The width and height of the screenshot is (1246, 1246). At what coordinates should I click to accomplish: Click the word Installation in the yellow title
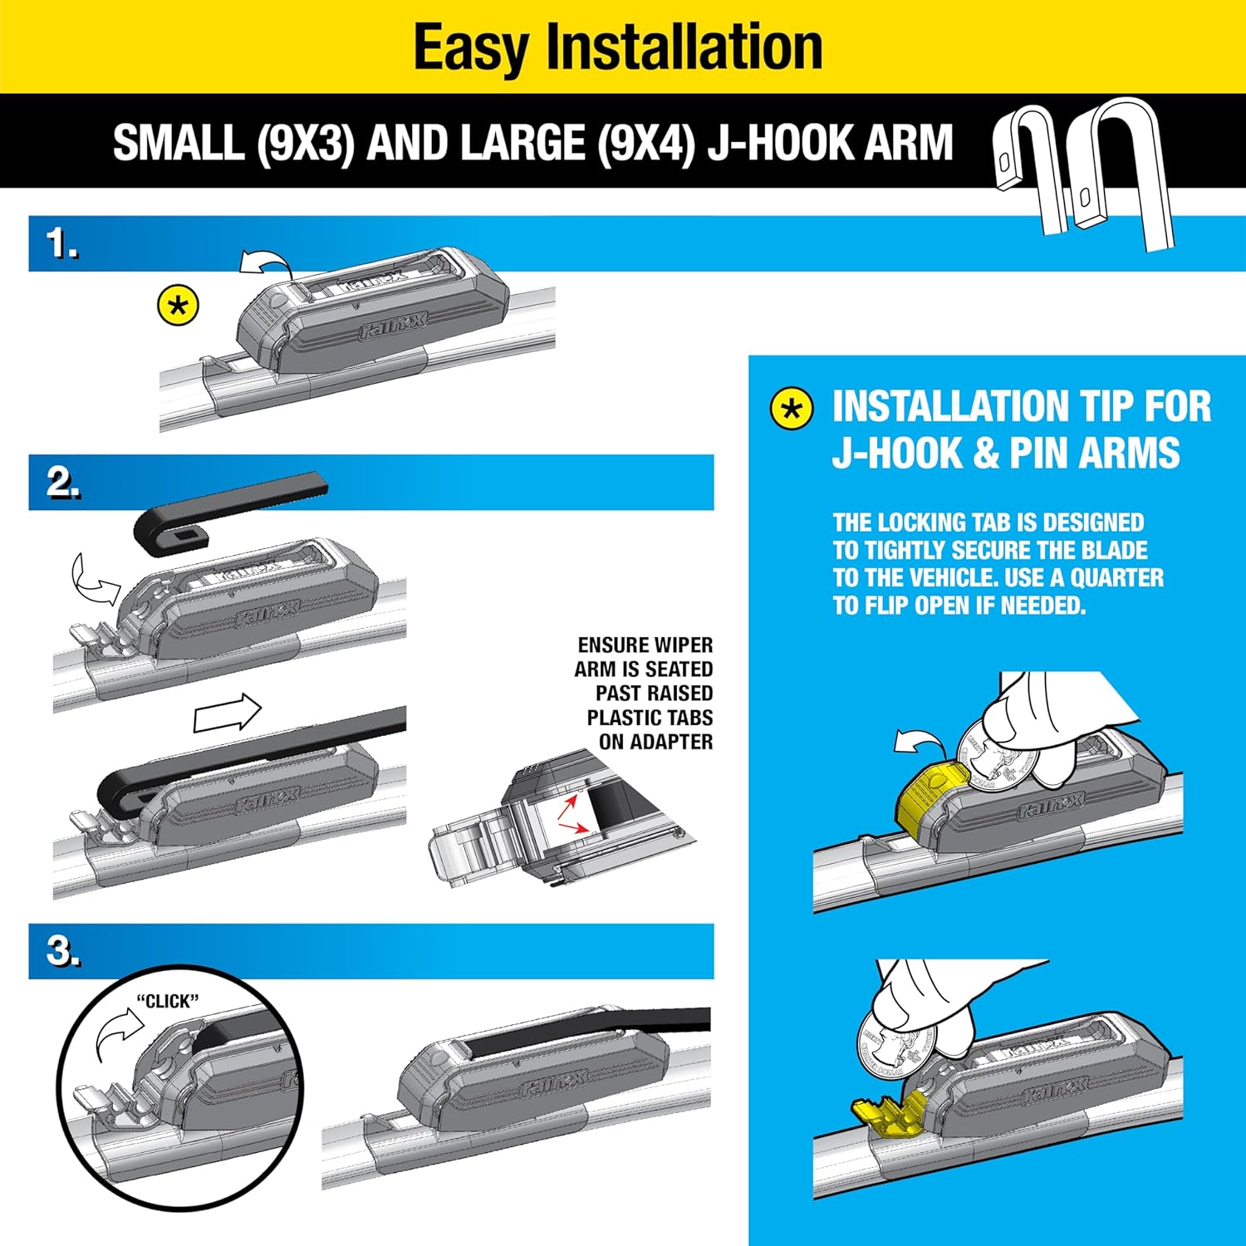point(684,47)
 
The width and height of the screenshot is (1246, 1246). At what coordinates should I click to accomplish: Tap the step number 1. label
point(62,244)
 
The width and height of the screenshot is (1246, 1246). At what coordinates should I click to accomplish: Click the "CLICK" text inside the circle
point(168,1001)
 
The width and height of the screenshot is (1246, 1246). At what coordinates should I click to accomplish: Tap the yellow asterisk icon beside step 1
point(179,306)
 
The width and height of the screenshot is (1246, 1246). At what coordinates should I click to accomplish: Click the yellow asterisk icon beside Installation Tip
point(792,409)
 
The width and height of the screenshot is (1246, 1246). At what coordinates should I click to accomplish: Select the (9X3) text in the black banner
point(305,142)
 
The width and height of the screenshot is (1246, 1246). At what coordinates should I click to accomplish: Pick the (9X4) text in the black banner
point(645,142)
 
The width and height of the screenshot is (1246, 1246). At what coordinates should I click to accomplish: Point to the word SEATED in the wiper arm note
point(679,669)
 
